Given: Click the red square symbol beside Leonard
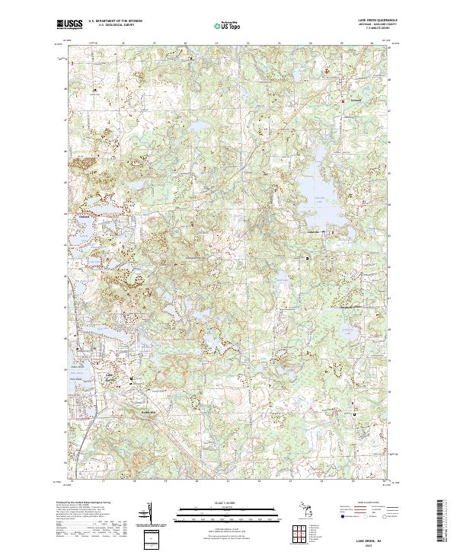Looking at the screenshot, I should pyautogui.click(x=343, y=101).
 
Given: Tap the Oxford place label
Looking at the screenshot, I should pyautogui.click(x=85, y=215).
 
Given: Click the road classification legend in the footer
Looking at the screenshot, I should pyautogui.click(x=367, y=512).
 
